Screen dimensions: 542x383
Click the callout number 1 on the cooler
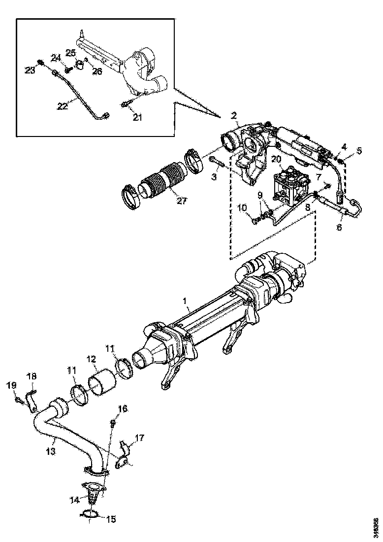pyautogui.click(x=185, y=300)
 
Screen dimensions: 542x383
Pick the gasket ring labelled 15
pyautogui.click(x=89, y=514)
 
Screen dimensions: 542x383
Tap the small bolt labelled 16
pyautogui.click(x=112, y=422)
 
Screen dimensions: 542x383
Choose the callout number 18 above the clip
pyautogui.click(x=31, y=376)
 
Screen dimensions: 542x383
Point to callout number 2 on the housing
pyautogui.click(x=234, y=115)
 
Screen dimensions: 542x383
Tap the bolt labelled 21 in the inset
pyautogui.click(x=125, y=104)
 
